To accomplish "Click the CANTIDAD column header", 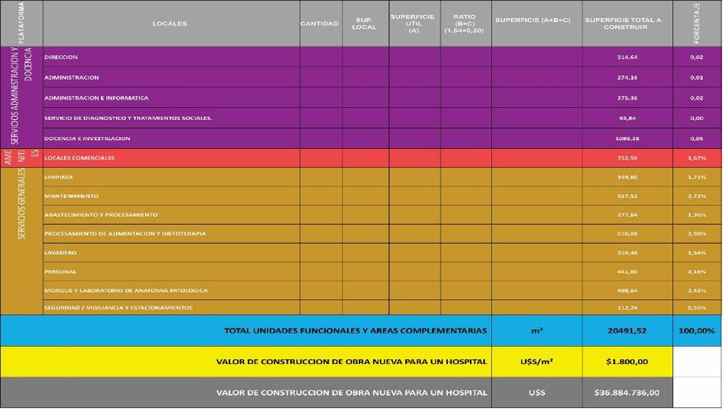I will [x=319, y=24].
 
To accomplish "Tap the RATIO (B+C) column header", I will [x=464, y=24].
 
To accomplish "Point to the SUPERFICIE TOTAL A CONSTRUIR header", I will [x=623, y=24].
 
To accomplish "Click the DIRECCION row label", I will [x=62, y=57].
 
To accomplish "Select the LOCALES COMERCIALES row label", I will [x=79, y=158].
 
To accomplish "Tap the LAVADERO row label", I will [x=60, y=253].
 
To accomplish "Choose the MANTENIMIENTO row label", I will [x=72, y=196].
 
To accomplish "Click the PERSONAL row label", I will [x=60, y=272].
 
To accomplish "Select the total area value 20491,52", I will [x=627, y=331].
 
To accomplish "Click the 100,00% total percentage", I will [x=696, y=331].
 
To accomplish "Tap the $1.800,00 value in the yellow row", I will [x=627, y=362].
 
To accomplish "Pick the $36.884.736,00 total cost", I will [x=627, y=392].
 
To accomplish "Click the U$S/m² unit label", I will [x=536, y=362].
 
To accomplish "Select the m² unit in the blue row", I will [x=536, y=331].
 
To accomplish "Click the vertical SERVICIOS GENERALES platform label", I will [x=21, y=204].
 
